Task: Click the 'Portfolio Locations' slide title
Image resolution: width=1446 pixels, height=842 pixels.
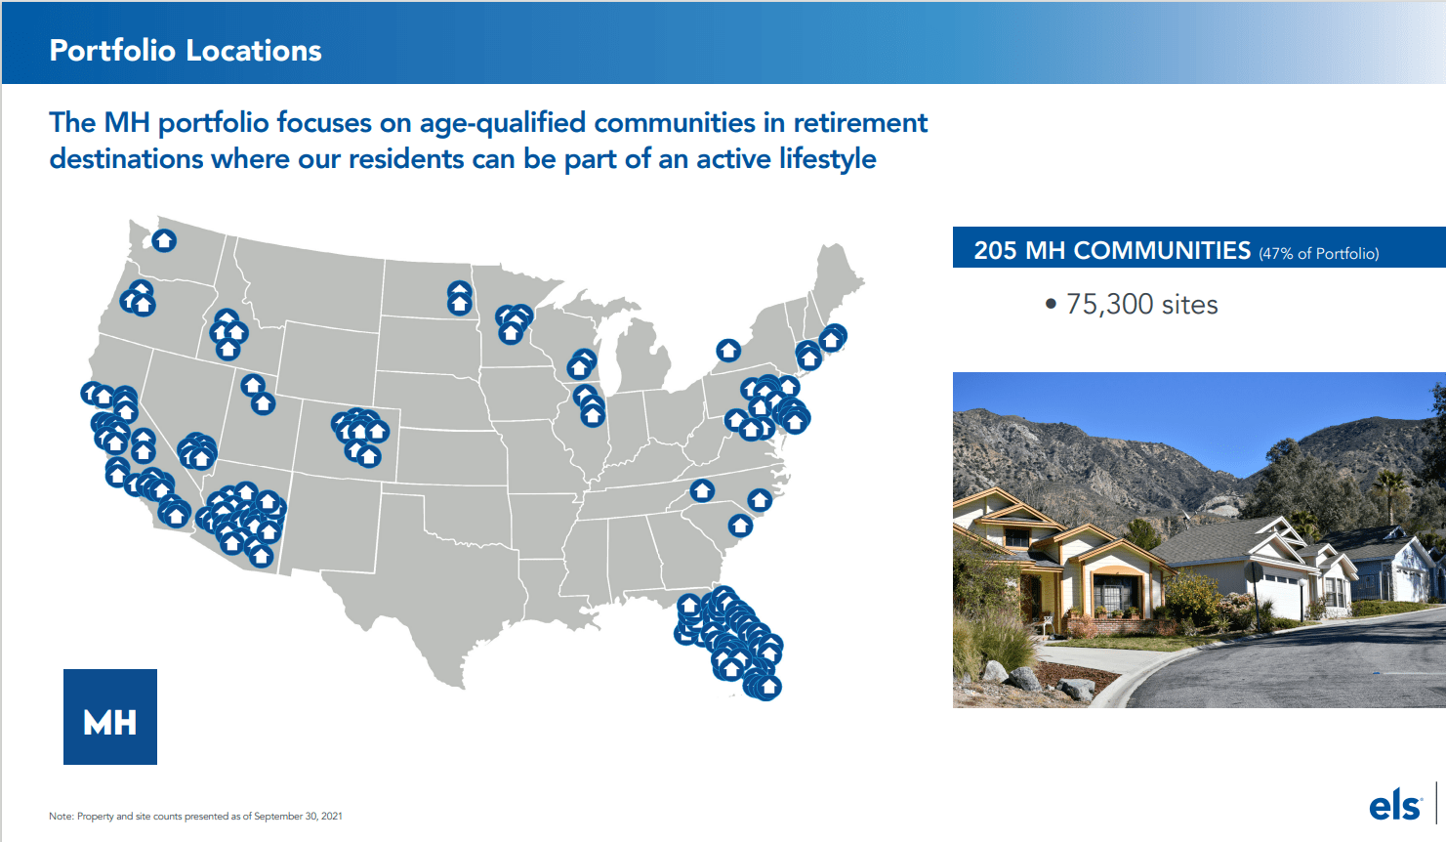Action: point(186,51)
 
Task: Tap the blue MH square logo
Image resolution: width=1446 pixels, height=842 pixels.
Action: point(110,717)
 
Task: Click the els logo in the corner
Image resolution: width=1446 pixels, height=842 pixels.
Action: point(1394,807)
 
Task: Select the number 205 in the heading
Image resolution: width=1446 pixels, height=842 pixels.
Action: point(995,251)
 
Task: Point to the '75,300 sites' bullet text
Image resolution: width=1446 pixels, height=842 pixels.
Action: point(1141,305)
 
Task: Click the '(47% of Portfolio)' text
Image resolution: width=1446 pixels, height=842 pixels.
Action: point(1318,254)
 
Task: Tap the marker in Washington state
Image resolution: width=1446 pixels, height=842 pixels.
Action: point(164,239)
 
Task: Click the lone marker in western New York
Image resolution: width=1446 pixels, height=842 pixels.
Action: point(728,350)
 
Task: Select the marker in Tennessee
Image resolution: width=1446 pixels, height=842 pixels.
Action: point(702,490)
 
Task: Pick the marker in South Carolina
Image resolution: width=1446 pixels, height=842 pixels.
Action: point(740,526)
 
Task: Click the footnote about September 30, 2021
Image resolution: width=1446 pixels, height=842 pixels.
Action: point(195,817)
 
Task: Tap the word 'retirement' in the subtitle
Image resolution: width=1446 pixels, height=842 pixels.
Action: point(859,123)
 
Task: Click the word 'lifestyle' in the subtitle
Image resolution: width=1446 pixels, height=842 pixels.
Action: point(827,159)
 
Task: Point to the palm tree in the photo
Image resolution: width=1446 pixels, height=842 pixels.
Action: point(1388,488)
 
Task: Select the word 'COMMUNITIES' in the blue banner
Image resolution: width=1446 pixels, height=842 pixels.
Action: point(1161,251)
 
